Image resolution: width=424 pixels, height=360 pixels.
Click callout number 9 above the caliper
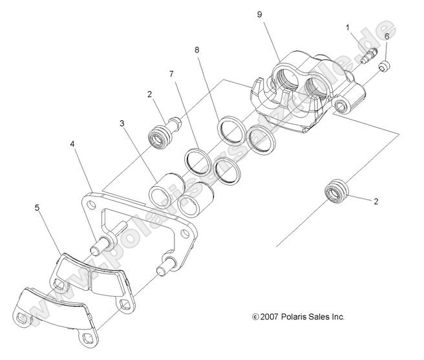(259, 14)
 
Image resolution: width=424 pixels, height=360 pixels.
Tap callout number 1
(348, 27)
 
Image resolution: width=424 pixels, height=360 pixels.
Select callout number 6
(387, 36)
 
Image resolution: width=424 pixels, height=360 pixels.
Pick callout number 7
(172, 74)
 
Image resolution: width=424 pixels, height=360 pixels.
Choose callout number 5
(37, 208)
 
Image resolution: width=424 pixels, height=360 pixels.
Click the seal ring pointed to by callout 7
(197, 159)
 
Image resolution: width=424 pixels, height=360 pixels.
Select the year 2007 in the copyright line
(269, 317)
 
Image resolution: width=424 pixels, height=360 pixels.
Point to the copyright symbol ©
(255, 317)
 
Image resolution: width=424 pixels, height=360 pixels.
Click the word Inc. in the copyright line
(336, 317)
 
